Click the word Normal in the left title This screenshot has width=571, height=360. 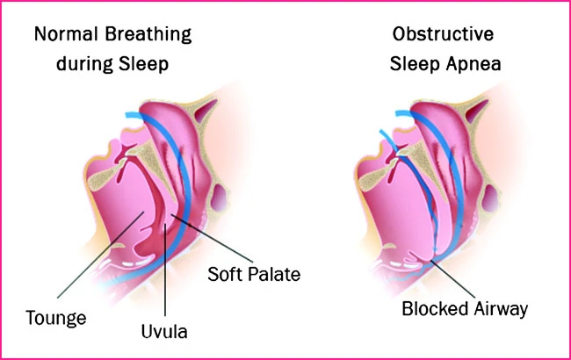(66, 34)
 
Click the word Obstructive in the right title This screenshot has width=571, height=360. (443, 34)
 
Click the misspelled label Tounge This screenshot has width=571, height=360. (56, 318)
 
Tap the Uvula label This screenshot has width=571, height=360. (164, 332)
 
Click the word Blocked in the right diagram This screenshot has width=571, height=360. (435, 309)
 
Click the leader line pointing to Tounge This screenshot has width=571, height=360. (100, 255)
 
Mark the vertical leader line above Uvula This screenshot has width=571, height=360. (165, 270)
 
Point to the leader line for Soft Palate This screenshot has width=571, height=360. (212, 239)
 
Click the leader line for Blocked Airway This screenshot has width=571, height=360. (453, 279)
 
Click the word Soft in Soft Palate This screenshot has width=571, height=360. (224, 274)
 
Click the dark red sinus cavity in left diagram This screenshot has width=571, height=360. (205, 111)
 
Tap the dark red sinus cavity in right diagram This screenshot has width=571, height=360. (476, 111)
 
